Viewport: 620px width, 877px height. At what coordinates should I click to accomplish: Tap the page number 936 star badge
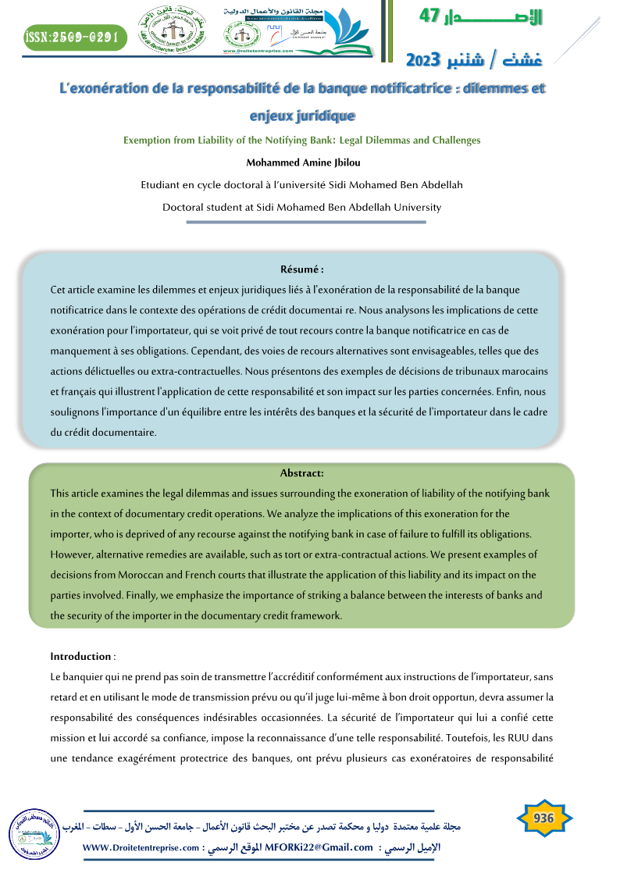click(543, 818)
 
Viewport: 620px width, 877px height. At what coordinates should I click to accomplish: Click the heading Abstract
click(301, 473)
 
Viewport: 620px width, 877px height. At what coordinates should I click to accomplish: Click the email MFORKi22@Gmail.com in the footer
click(319, 847)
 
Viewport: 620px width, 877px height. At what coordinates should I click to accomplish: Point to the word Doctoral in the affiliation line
click(183, 208)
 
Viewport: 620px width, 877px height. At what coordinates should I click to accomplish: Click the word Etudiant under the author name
click(162, 185)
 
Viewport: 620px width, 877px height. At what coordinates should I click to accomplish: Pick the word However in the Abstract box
click(73, 554)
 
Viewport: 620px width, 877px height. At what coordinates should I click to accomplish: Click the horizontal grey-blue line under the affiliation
click(306, 223)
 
